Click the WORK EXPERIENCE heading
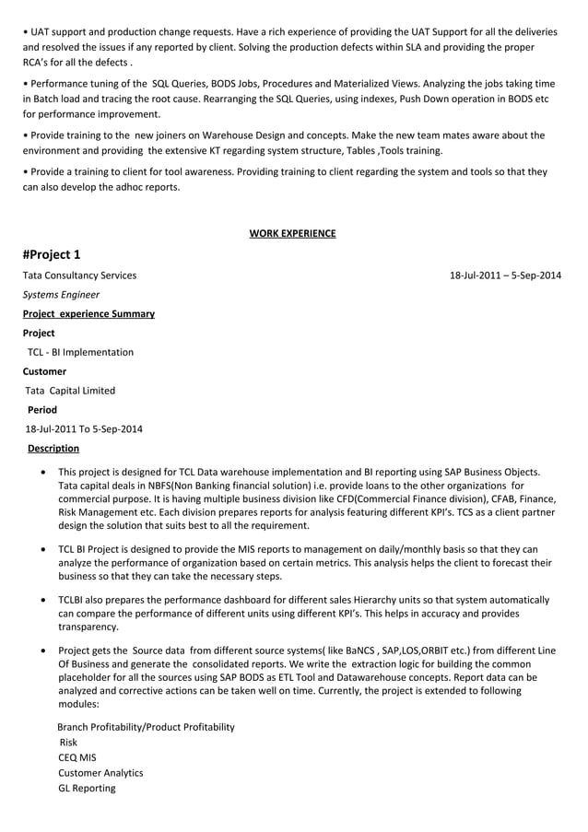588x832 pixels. coord(292,233)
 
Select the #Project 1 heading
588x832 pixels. coord(53,254)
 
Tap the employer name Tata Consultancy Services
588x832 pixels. coord(79,275)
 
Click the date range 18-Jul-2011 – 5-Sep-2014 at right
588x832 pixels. coord(505,275)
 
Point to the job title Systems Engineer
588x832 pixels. coord(62,295)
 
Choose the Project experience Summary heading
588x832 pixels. coord(88,314)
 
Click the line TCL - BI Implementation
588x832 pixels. coord(80,352)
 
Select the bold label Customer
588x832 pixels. coord(44,371)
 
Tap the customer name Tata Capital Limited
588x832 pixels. coord(70,391)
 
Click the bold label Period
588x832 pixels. coord(42,410)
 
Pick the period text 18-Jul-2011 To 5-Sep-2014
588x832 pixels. coord(84,429)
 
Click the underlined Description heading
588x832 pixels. coord(53,449)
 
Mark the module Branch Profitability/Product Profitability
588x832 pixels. coord(146,727)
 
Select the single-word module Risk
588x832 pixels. coord(68,742)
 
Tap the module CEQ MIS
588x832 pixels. coord(77,757)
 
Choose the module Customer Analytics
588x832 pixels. coord(100,773)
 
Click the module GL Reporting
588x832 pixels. coord(87,788)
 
